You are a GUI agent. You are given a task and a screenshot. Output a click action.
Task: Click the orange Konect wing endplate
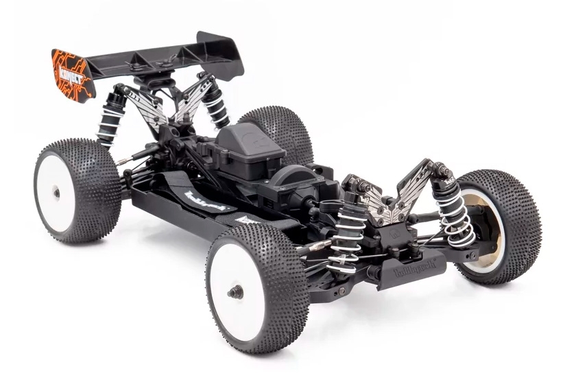tap(71, 71)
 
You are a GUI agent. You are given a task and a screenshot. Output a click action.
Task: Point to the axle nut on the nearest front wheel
tap(235, 291)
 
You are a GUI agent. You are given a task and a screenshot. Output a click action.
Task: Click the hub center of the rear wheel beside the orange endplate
tap(56, 193)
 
